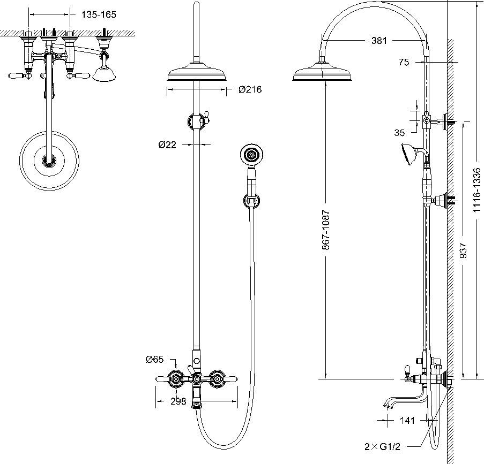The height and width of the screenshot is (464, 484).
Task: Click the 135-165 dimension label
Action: [x=99, y=14]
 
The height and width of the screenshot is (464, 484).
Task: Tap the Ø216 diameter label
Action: [x=250, y=89]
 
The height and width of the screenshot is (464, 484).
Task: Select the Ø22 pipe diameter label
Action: [x=167, y=144]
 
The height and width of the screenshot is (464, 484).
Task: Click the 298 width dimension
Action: [x=178, y=401]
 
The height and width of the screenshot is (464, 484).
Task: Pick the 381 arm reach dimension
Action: [x=379, y=40]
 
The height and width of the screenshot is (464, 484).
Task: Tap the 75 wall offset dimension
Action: [x=404, y=62]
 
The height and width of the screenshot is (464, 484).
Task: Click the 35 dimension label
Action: [x=399, y=133]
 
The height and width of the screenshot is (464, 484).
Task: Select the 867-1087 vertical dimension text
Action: [x=326, y=230]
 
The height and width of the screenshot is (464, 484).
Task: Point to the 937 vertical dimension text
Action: [x=463, y=250]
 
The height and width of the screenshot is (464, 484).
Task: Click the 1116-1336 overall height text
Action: [x=477, y=190]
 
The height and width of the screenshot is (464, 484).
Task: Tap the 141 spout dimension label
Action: [x=407, y=420]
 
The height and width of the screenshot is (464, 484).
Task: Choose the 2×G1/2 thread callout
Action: [x=382, y=447]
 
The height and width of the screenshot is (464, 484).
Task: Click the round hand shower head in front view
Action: [x=252, y=154]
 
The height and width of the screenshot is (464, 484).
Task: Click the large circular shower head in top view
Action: [x=49, y=161]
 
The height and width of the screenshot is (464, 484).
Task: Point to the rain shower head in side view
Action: [x=322, y=72]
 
